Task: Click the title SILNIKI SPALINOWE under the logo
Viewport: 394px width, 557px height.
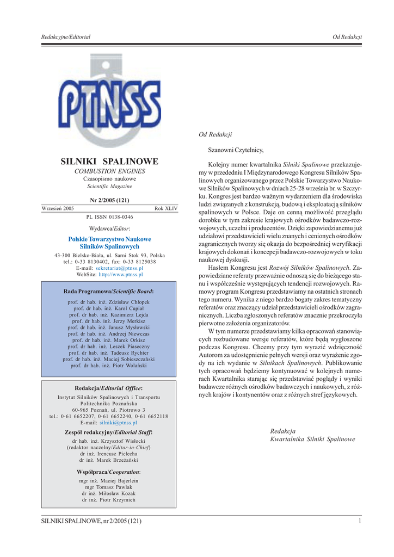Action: click(x=109, y=162)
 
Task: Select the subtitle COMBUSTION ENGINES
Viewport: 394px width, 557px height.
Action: click(x=109, y=171)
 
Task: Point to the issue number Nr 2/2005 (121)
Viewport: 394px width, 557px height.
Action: click(x=109, y=200)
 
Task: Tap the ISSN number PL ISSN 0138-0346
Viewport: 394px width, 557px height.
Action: click(x=109, y=216)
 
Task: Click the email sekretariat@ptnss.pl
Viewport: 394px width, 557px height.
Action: click(x=119, y=268)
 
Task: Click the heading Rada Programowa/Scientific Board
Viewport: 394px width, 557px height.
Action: click(x=109, y=292)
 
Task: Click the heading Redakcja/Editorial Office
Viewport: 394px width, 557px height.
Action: click(x=109, y=388)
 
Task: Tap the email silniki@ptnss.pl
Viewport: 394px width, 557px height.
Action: click(x=118, y=422)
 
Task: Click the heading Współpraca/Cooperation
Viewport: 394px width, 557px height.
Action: click(x=109, y=472)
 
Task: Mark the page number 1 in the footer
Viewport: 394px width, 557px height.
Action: click(x=360, y=522)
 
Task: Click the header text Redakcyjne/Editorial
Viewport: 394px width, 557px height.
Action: click(x=66, y=36)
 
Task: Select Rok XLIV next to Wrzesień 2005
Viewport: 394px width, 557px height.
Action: click(x=166, y=208)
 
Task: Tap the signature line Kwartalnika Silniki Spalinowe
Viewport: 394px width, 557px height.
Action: click(x=312, y=439)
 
